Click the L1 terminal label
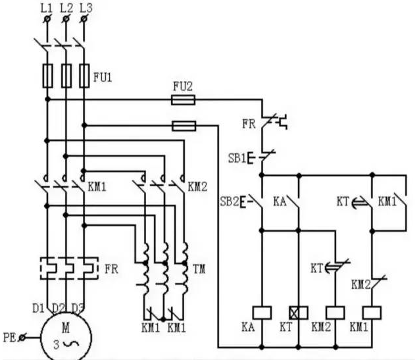click(47, 8)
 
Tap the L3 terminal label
click(84, 8)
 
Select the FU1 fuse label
click(101, 76)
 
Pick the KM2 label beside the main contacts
click(197, 186)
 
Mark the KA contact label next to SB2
click(280, 200)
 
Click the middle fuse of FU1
click(65, 76)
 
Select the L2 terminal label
click(65, 8)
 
